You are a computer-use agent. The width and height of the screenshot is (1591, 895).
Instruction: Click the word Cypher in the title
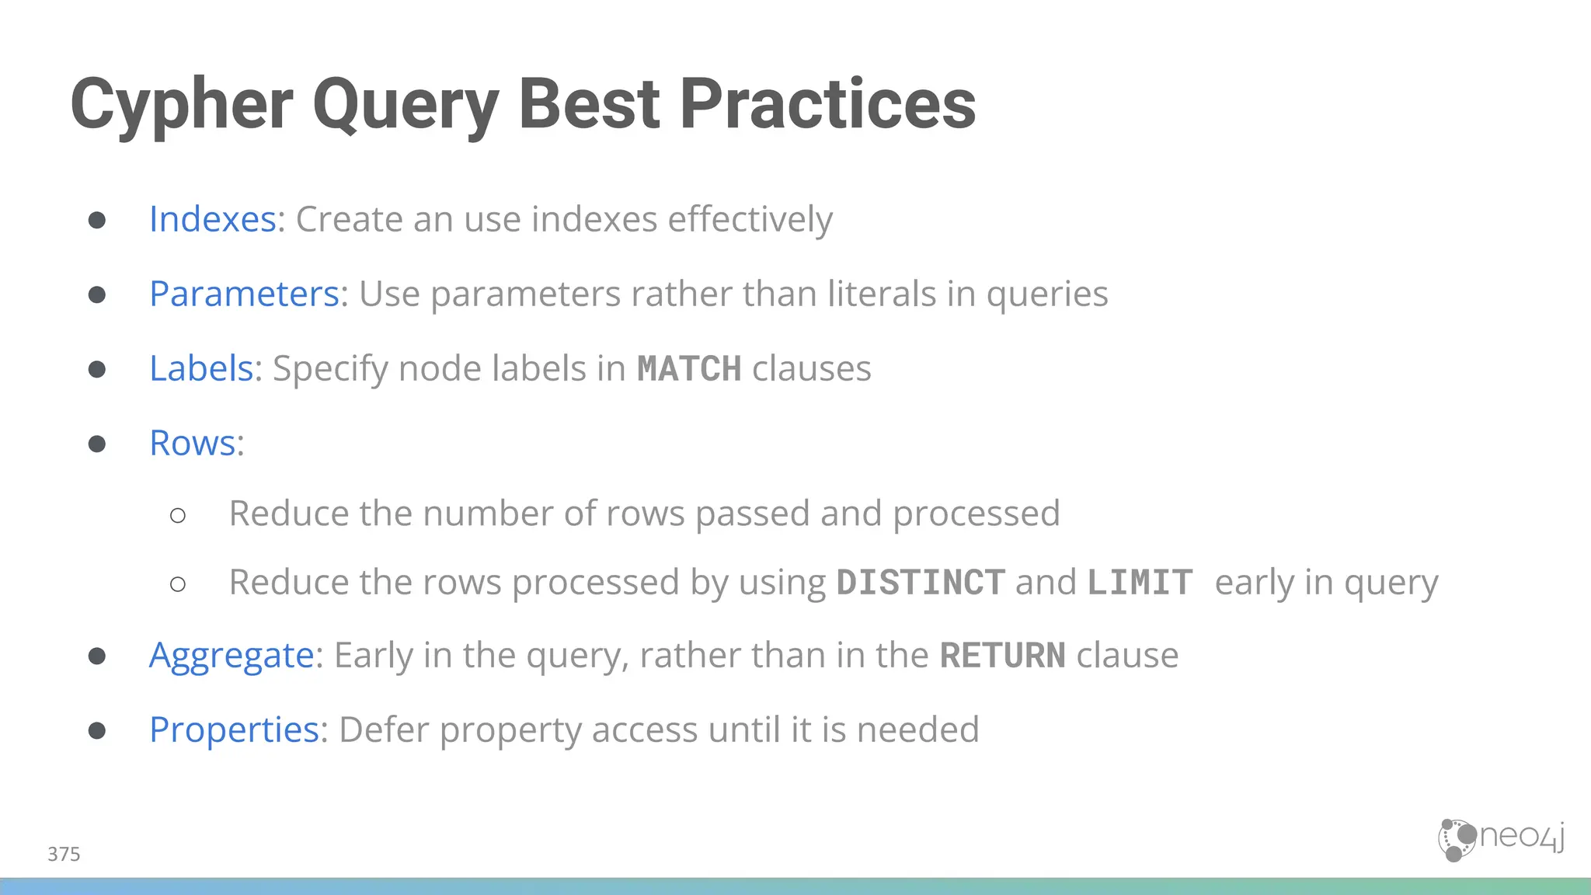[x=181, y=105]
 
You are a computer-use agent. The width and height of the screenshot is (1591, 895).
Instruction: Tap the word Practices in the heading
[x=827, y=105]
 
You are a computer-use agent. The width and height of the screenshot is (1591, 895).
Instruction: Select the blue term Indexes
[x=213, y=219]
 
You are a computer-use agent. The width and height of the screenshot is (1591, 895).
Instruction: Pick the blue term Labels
[x=201, y=368]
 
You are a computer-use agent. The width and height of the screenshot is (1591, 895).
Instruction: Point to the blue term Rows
[x=193, y=443]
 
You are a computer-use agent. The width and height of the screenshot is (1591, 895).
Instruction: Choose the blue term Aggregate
[x=232, y=655]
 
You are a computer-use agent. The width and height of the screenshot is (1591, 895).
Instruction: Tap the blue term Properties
[x=234, y=730]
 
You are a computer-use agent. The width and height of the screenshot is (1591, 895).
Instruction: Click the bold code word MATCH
[x=689, y=369]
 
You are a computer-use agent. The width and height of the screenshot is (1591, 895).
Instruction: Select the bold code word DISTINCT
[x=921, y=583]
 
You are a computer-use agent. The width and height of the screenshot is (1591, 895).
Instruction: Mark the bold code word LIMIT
[x=1140, y=583]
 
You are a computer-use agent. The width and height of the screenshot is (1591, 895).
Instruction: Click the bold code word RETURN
[x=1002, y=656]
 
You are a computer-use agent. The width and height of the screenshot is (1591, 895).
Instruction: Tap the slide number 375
[x=64, y=854]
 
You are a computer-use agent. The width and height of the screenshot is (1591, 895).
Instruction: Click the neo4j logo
[x=1501, y=840]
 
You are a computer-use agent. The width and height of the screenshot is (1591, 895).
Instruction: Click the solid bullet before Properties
[x=97, y=730]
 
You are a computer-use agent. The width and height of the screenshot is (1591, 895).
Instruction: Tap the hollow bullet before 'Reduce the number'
[x=178, y=515]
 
